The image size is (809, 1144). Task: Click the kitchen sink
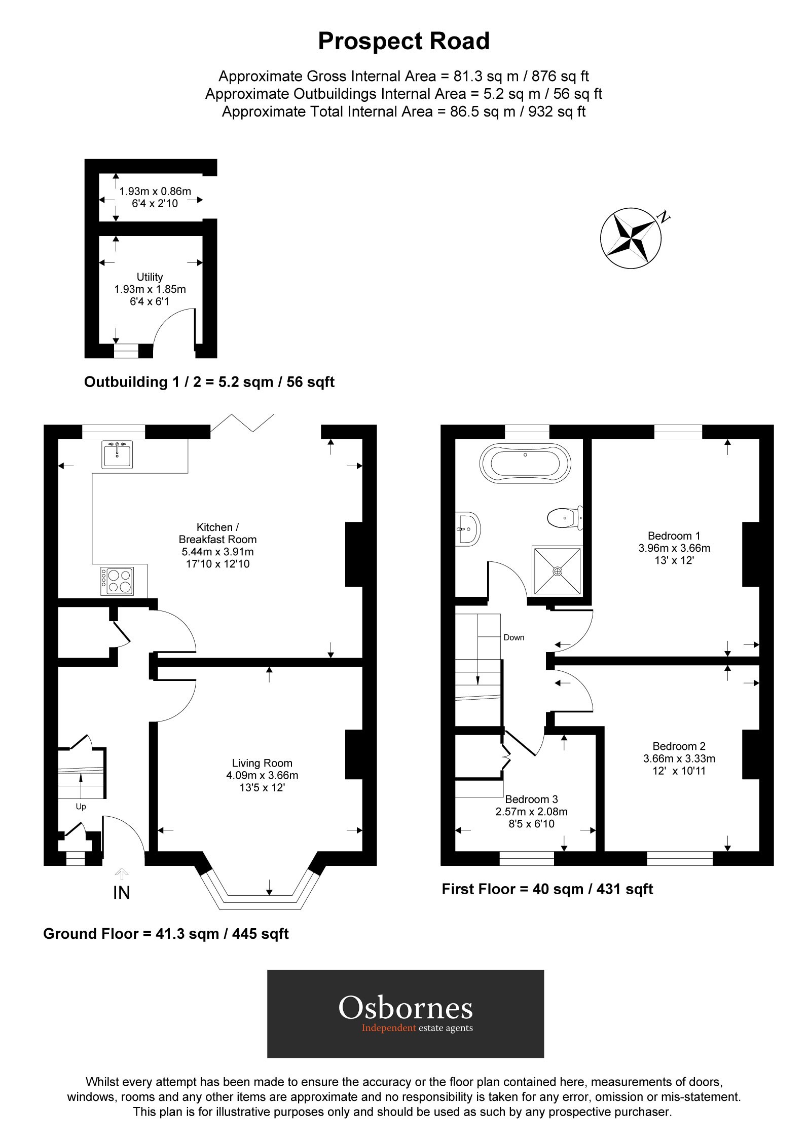[x=117, y=454]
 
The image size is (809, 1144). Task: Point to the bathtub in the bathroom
[x=525, y=463]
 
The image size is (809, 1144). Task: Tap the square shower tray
[x=557, y=571]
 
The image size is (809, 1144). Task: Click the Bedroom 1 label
[x=674, y=536]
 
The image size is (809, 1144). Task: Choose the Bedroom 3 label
[x=531, y=799]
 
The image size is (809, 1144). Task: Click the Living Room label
[x=262, y=763]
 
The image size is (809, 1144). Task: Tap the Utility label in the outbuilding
[x=150, y=277]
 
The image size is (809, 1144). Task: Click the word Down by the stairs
[x=513, y=637]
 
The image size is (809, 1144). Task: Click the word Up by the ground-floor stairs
[x=81, y=807]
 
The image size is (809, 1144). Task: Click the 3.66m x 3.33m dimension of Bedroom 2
[x=679, y=758]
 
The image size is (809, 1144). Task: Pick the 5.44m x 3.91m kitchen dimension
[x=217, y=552]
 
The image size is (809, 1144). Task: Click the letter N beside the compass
[x=663, y=218]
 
